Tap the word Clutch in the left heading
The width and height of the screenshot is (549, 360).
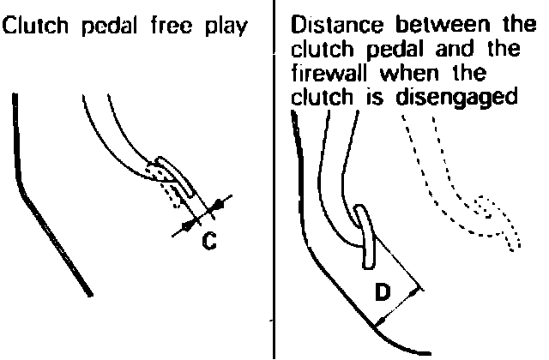[32, 26]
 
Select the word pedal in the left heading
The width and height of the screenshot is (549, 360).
[105, 26]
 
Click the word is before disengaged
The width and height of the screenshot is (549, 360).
[377, 97]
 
